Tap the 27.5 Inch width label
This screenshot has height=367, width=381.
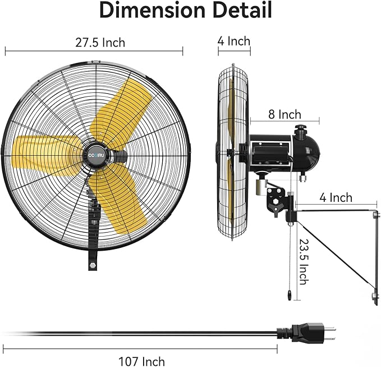point(100,42)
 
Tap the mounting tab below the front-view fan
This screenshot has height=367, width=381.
point(91,262)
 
